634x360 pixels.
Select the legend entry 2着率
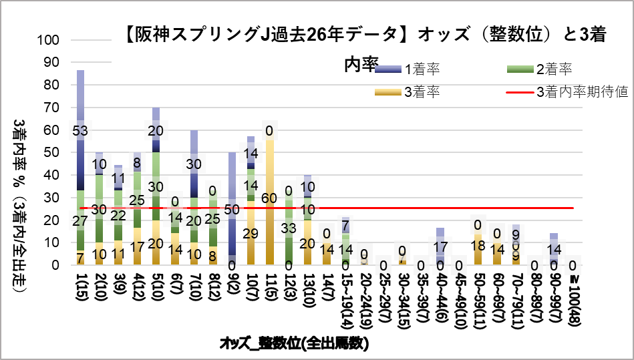coord(554,69)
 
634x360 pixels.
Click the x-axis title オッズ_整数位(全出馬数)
coord(295,344)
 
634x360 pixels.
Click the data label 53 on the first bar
coord(80,131)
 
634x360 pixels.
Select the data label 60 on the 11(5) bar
coord(270,198)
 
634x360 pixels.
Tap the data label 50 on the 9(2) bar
coord(232,209)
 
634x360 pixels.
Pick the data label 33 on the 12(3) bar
coord(289,228)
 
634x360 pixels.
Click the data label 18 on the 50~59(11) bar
coord(478,244)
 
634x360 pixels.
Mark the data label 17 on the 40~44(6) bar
coord(440,247)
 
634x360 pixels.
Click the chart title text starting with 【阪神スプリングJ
coord(365,35)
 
